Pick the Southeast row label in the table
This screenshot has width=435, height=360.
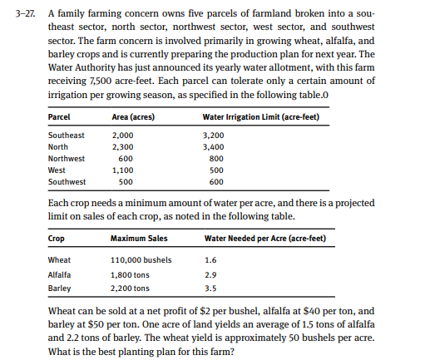click(x=67, y=135)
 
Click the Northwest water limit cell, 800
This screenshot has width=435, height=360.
click(x=214, y=158)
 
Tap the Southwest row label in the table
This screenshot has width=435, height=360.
click(x=67, y=182)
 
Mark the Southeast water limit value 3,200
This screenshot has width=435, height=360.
click(x=215, y=135)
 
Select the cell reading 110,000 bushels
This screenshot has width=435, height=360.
click(x=141, y=260)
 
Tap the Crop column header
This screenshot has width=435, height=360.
click(x=57, y=240)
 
